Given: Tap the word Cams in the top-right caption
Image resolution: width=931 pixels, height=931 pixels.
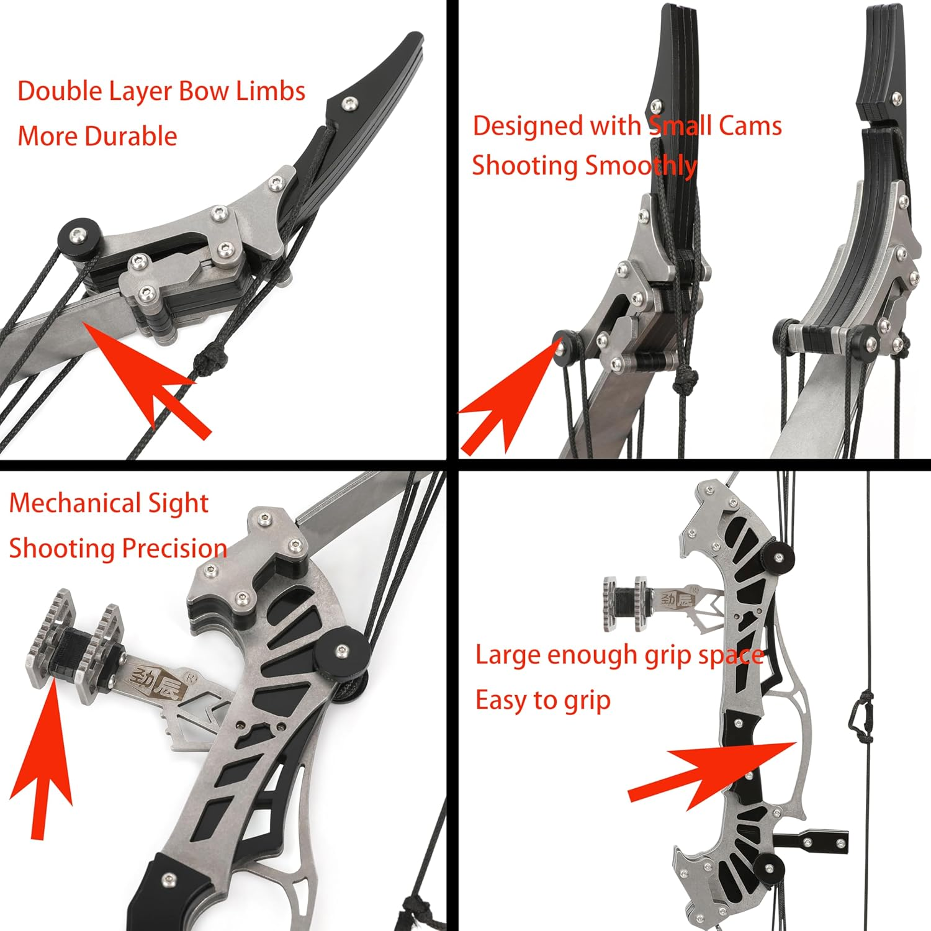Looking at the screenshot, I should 750,126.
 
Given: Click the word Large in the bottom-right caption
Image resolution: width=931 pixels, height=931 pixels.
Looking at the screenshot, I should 506,655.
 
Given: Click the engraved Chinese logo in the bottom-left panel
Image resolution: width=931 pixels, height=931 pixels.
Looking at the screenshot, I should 152,681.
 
